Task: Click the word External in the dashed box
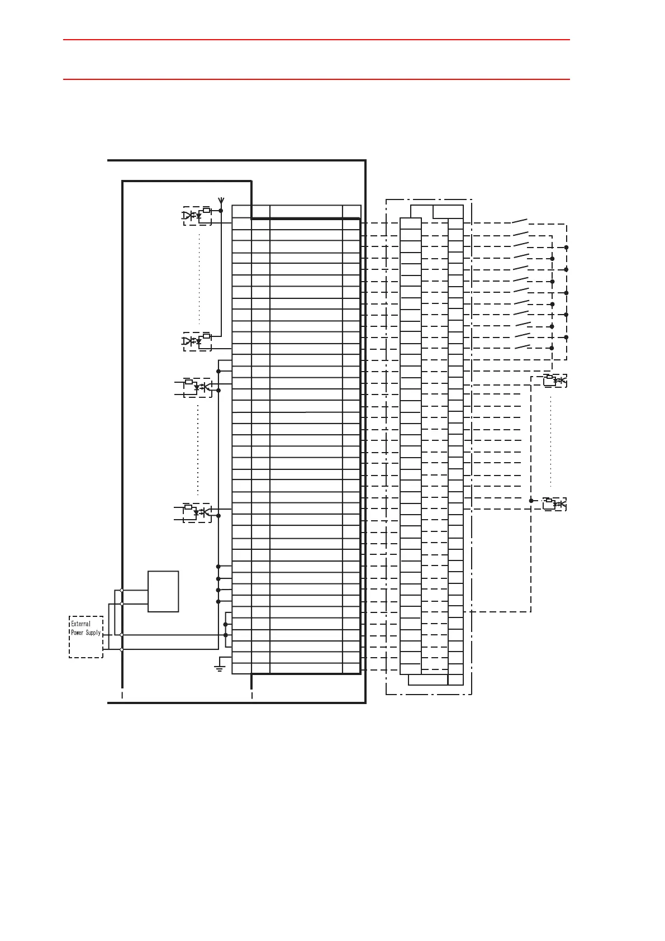[80, 624]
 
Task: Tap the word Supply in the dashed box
[93, 633]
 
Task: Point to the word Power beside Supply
[77, 633]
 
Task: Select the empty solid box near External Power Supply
[163, 591]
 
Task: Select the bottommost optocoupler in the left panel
[197, 512]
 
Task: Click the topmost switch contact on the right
[520, 221]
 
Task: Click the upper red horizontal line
[316, 40]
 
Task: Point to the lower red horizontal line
[316, 79]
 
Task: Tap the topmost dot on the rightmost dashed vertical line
[566, 247]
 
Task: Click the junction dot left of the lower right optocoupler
[531, 501]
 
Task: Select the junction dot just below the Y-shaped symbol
[221, 211]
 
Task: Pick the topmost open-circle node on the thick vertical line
[122, 590]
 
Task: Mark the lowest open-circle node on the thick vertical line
[122, 649]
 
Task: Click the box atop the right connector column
[448, 212]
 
